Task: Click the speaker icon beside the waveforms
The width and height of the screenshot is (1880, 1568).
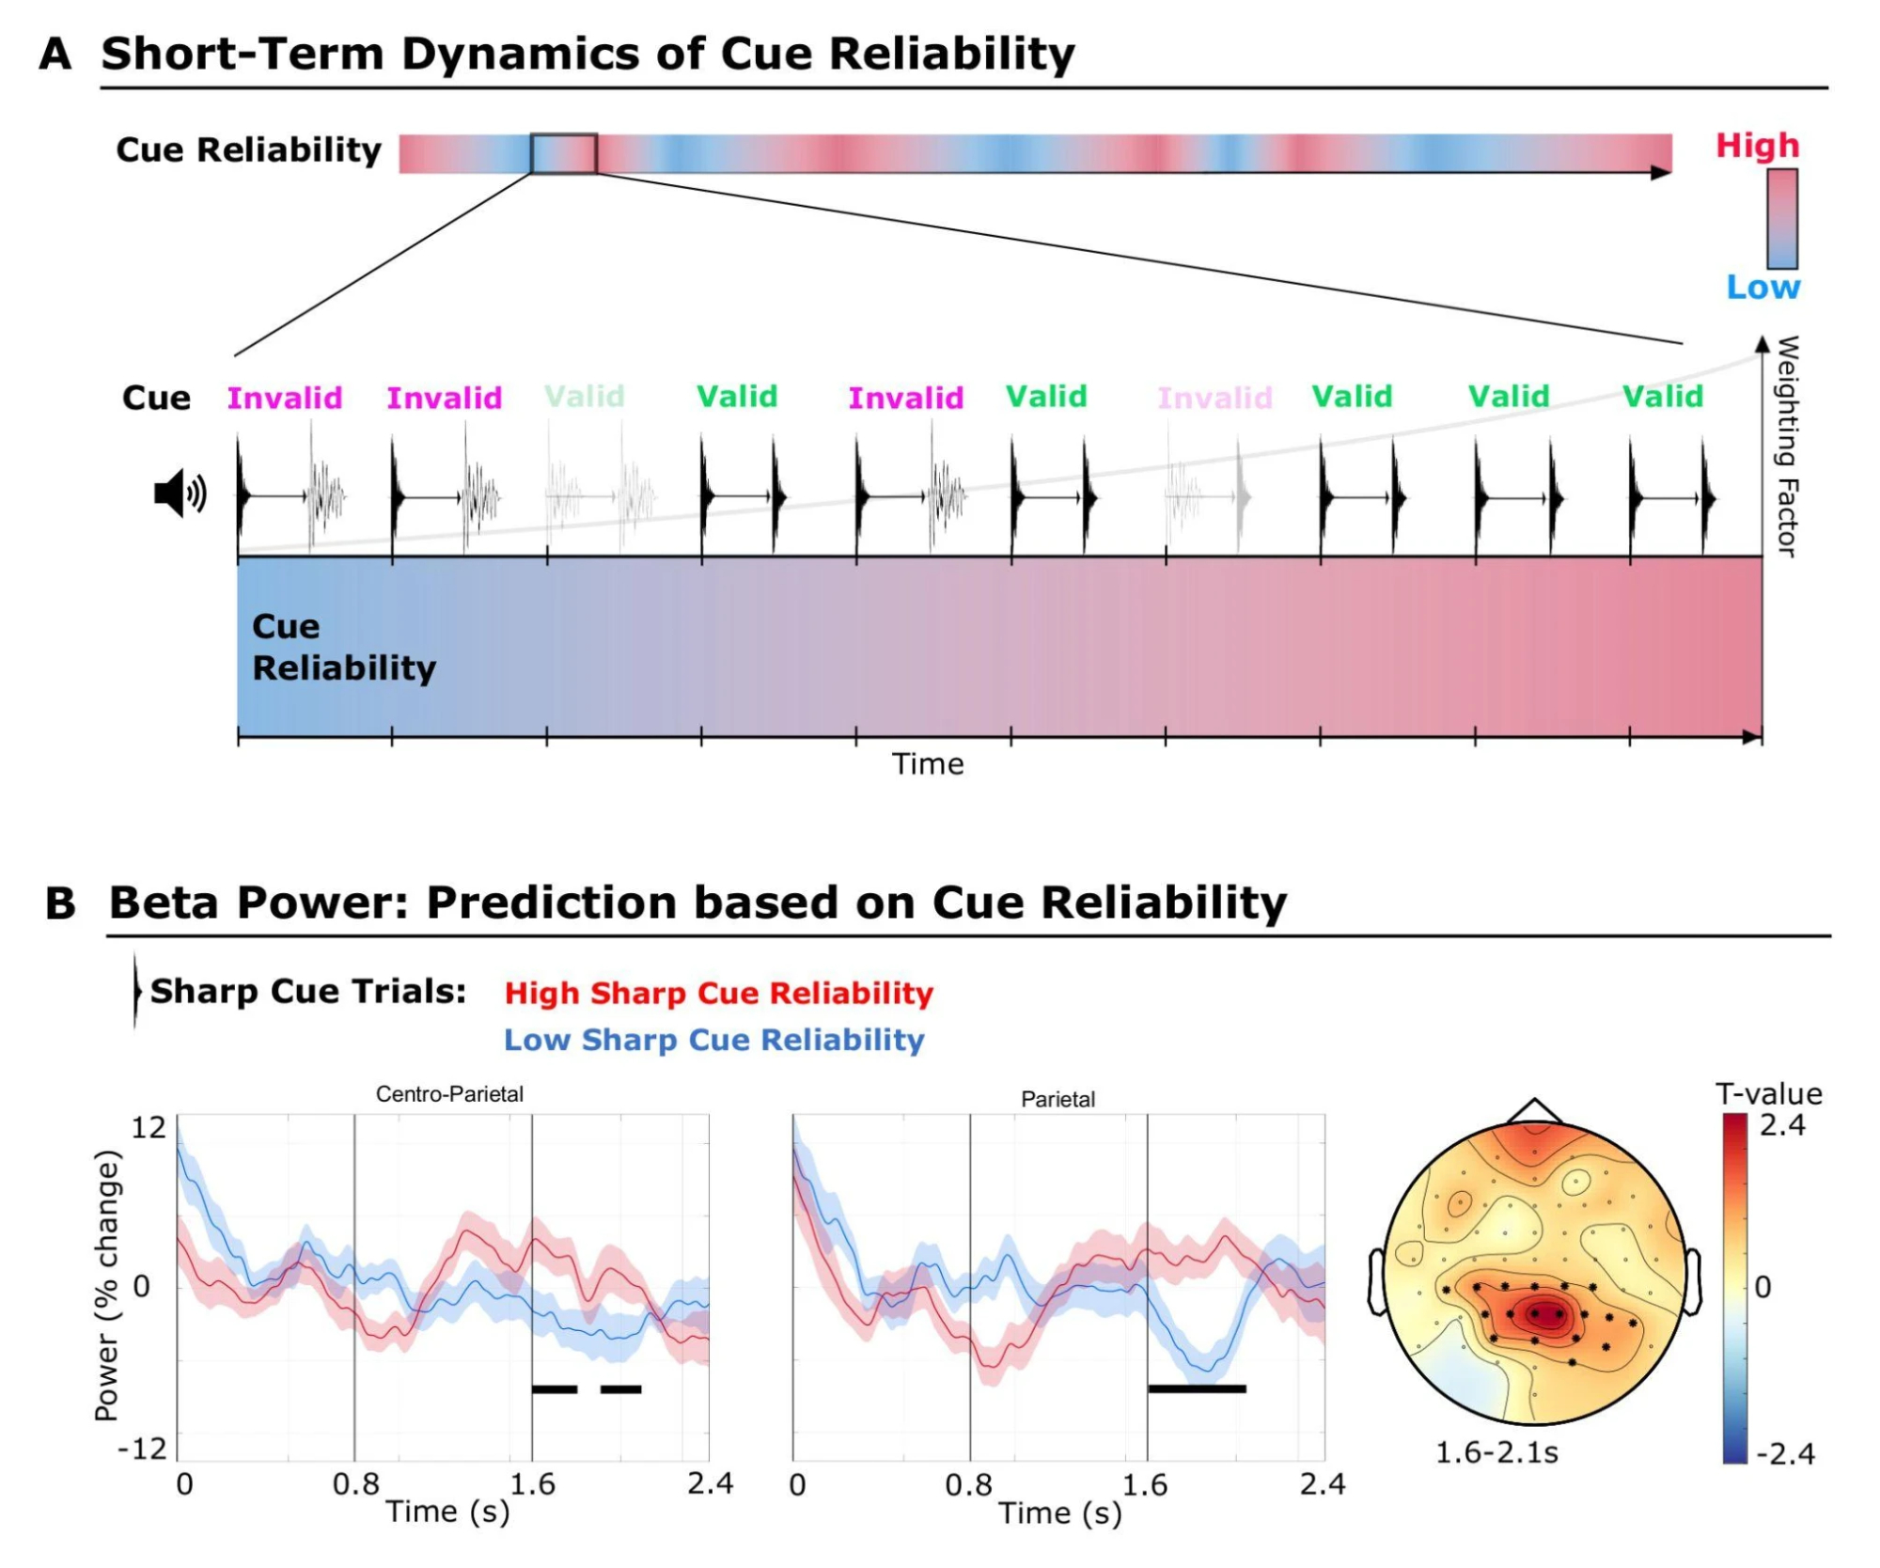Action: pos(180,494)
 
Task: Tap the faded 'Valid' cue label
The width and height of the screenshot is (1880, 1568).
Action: pos(585,397)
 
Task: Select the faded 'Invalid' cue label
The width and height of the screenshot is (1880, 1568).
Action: pos(1214,398)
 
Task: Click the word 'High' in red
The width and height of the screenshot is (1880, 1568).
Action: pos(1757,146)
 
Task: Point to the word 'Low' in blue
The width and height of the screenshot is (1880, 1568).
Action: pos(1762,288)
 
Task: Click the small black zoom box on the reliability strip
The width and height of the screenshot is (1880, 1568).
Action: pos(563,154)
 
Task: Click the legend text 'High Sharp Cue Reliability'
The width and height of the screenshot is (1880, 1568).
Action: pos(719,993)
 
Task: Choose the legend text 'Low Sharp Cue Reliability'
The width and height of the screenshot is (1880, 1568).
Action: pos(714,1040)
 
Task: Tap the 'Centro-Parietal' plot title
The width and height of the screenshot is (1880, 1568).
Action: pos(449,1094)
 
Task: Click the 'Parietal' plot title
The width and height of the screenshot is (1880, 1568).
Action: pos(1057,1099)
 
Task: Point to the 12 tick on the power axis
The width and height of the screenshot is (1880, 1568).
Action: pos(149,1127)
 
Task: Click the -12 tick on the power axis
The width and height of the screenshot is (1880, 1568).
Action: pos(142,1449)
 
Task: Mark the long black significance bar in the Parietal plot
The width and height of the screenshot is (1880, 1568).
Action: pos(1197,1388)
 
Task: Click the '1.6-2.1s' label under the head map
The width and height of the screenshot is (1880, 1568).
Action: pos(1496,1452)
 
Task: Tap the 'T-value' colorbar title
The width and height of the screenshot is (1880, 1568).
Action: pos(1768,1093)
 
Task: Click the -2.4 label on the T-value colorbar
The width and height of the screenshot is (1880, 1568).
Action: pos(1785,1454)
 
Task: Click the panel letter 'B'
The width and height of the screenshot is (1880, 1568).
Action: pos(60,903)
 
